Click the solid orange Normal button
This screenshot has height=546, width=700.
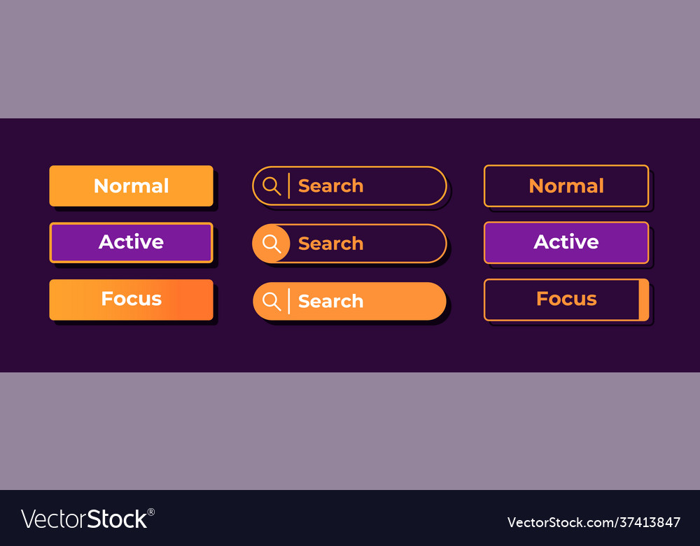tap(132, 185)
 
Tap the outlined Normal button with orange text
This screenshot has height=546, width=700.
tap(566, 185)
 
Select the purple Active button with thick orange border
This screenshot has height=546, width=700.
tap(132, 242)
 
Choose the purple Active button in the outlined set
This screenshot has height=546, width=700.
tap(566, 242)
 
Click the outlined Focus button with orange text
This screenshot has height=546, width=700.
tap(566, 300)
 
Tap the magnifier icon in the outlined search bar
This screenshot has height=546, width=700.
tap(272, 185)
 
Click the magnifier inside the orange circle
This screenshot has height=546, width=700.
tap(272, 244)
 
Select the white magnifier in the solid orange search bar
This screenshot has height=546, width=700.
tap(272, 301)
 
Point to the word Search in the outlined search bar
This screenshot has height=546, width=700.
tap(331, 185)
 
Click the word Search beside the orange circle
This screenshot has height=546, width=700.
tap(331, 244)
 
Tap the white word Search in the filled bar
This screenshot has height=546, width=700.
tap(331, 301)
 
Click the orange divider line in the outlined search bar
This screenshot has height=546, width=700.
tap(289, 185)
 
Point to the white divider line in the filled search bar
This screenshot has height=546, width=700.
tap(289, 301)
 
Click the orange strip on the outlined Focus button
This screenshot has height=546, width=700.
tap(643, 300)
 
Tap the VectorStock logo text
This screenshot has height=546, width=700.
tap(84, 519)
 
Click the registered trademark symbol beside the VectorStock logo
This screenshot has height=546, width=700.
tap(151, 512)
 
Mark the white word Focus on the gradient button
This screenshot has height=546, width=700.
tap(132, 299)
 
